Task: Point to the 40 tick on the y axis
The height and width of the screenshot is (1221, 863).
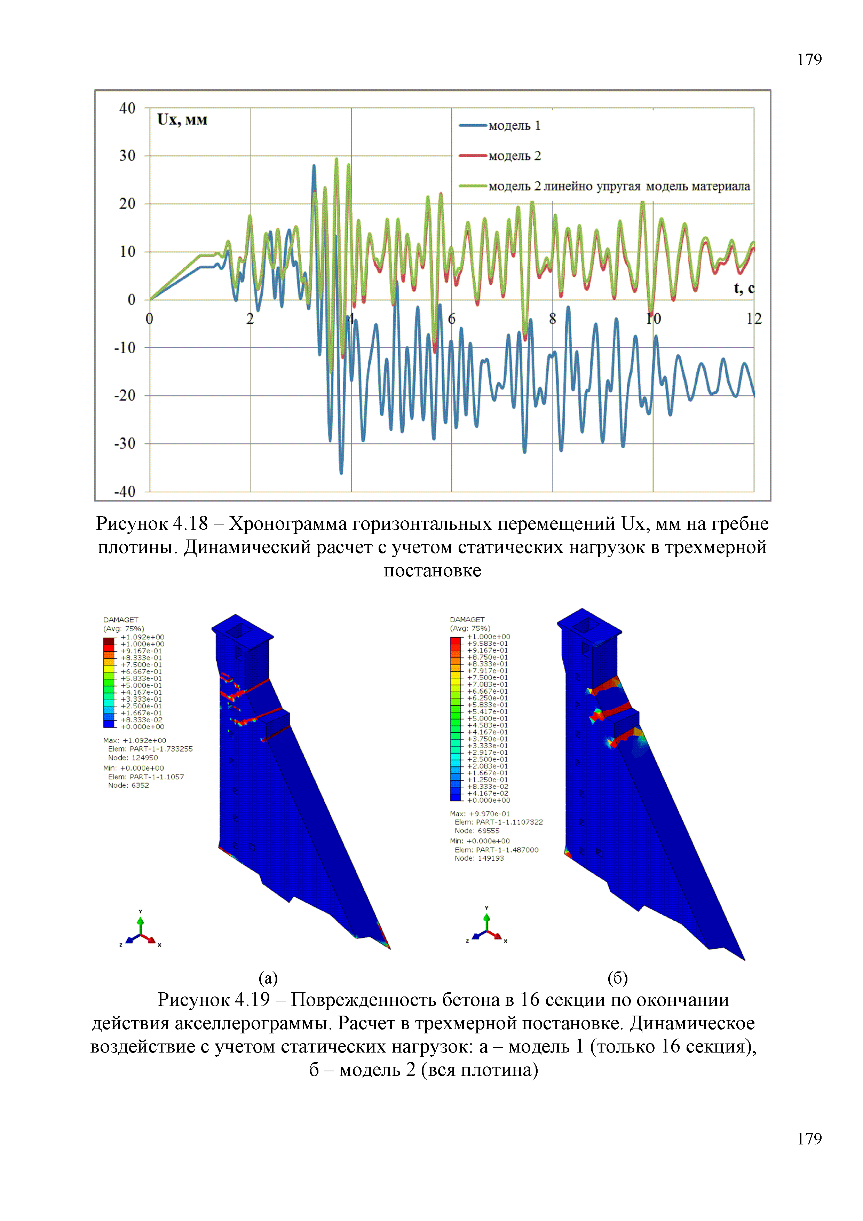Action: pos(128,109)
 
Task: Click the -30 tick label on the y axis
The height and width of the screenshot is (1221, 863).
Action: pos(126,443)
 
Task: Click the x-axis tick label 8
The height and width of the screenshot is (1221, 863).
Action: pos(553,319)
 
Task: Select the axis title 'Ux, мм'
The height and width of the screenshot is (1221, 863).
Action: pos(182,120)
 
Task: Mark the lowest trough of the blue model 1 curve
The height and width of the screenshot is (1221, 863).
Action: pos(341,472)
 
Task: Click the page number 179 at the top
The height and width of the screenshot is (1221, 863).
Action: pos(809,60)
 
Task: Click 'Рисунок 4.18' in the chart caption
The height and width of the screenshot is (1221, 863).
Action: pos(151,524)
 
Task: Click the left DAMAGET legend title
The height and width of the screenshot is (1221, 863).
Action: pos(121,620)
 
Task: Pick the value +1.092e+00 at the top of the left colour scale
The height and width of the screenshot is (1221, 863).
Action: pos(143,637)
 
